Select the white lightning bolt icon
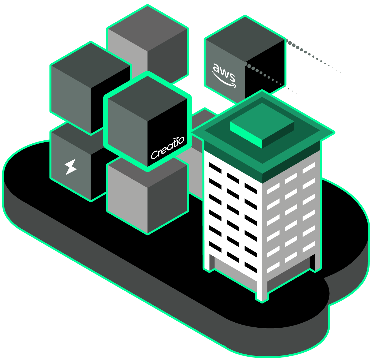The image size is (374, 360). [x=70, y=166]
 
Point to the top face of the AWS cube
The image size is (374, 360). [x=245, y=38]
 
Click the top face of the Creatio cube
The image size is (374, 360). [x=147, y=98]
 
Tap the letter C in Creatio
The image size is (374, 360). [x=155, y=154]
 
